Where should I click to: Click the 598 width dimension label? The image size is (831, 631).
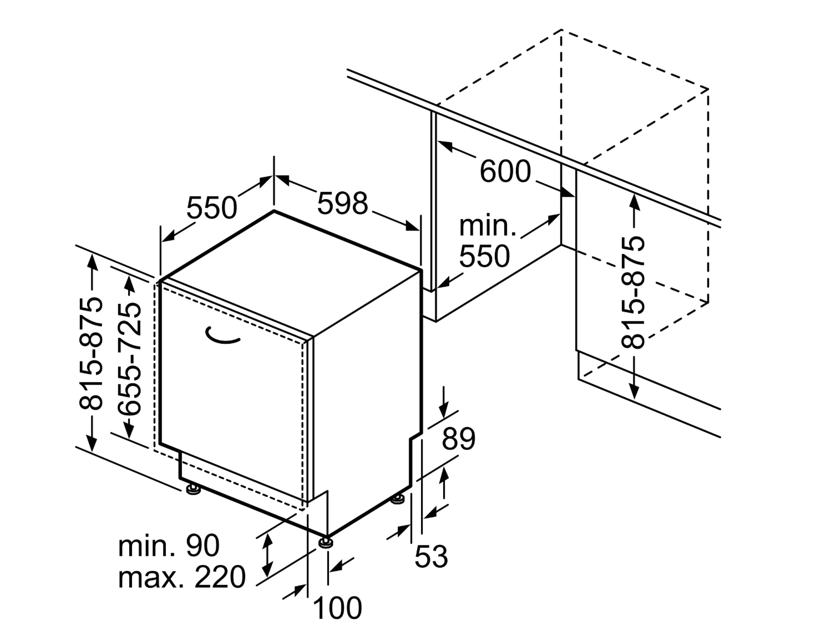pyautogui.click(x=342, y=203)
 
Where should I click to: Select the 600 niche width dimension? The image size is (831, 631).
pyautogui.click(x=505, y=171)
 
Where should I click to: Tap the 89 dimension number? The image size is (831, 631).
pyautogui.click(x=458, y=439)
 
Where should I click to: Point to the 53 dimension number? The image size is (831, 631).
pyautogui.click(x=431, y=556)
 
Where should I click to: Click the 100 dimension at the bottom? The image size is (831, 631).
pyautogui.click(x=337, y=608)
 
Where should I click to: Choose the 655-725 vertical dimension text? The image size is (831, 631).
pyautogui.click(x=129, y=359)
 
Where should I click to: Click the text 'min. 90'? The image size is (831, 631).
pyautogui.click(x=169, y=545)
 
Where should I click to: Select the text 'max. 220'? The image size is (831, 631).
pyautogui.click(x=182, y=577)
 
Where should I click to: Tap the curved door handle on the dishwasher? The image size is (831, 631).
pyautogui.click(x=222, y=337)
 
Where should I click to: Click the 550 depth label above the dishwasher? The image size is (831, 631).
pyautogui.click(x=211, y=208)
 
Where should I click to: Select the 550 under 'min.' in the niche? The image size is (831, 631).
pyautogui.click(x=485, y=256)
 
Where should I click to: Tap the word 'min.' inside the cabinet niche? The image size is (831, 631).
pyautogui.click(x=488, y=226)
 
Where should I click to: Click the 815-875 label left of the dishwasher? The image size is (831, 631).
pyautogui.click(x=91, y=354)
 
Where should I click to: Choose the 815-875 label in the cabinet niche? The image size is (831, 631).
pyautogui.click(x=632, y=292)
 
